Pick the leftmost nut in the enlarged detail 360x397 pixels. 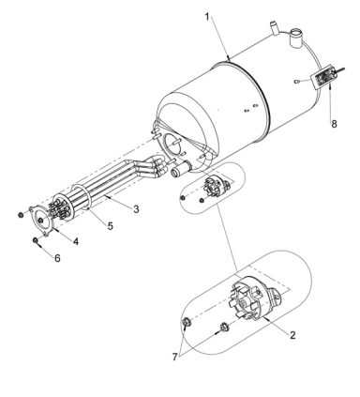coord(187,325)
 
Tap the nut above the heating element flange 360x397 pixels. coord(22,214)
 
